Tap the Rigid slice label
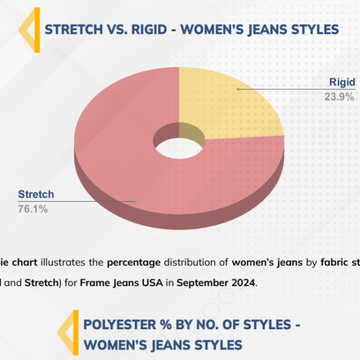pyautogui.click(x=342, y=82)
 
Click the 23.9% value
pyautogui.click(x=339, y=97)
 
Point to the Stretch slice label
pyautogui.click(x=36, y=194)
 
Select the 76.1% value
pyautogui.click(x=33, y=209)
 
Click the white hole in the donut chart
pyautogui.click(x=179, y=148)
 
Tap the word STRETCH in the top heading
pyautogui.click(x=74, y=30)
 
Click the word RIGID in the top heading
pyautogui.click(x=149, y=30)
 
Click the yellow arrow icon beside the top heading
pyautogui.click(x=30, y=30)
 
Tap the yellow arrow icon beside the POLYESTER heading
pyautogui.click(x=68, y=333)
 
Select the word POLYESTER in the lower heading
pyautogui.click(x=119, y=325)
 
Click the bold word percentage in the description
pyautogui.click(x=134, y=263)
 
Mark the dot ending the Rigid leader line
pyautogui.click(x=238, y=89)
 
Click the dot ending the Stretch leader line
pyautogui.click(x=135, y=201)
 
